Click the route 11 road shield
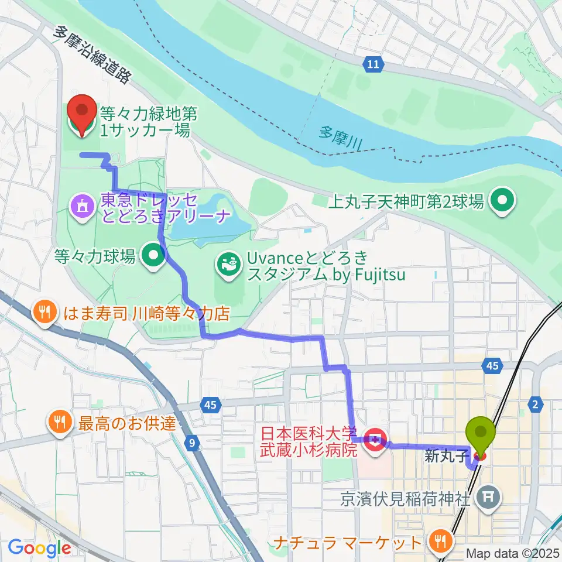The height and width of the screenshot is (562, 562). (x=373, y=64)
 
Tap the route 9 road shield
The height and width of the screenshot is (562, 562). (x=193, y=443)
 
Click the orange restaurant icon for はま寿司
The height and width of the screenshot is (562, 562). (x=46, y=311)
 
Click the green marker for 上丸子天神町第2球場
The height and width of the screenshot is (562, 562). (x=502, y=202)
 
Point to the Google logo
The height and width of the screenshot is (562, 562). (x=39, y=548)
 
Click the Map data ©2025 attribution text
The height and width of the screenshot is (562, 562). (x=513, y=553)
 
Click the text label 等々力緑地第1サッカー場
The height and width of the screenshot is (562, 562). (x=145, y=120)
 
